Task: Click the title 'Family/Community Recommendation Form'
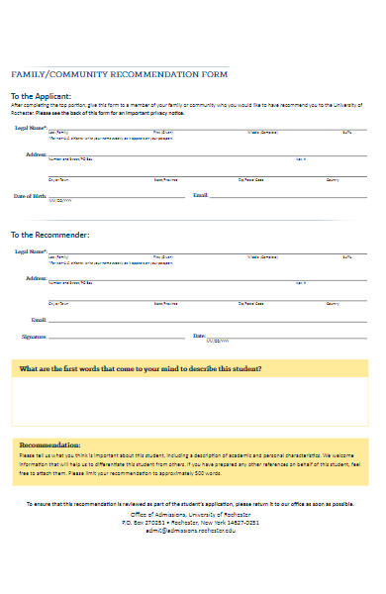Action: [x=119, y=74]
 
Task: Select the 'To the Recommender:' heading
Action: [x=49, y=235]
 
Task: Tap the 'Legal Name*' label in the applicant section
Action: [x=31, y=128]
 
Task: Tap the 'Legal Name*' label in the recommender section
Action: [x=31, y=252]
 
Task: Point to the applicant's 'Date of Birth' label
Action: [x=29, y=196]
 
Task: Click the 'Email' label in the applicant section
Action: [x=200, y=196]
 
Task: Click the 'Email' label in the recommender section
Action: [x=39, y=320]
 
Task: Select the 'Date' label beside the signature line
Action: [x=198, y=337]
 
